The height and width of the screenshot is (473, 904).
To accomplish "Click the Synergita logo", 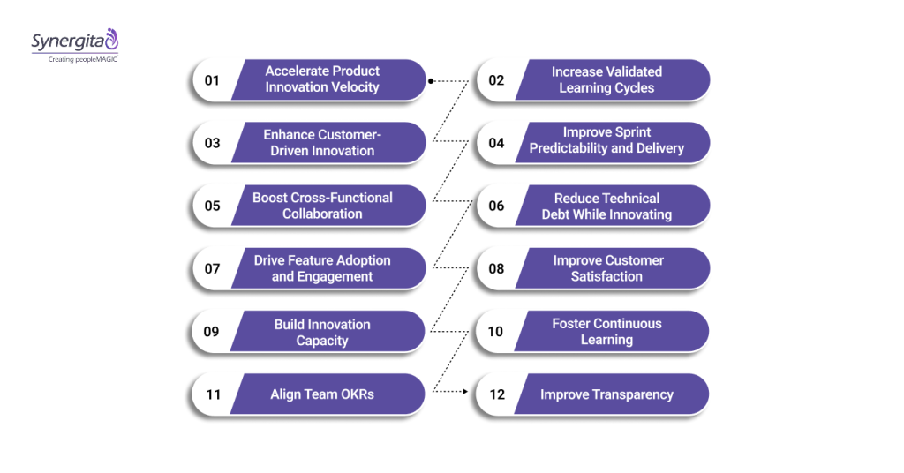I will [x=74, y=41].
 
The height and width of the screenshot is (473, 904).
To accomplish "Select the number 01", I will [x=212, y=80].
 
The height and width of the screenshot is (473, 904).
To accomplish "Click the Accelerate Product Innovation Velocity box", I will [x=322, y=79].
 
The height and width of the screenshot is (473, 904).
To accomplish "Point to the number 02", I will [x=496, y=80].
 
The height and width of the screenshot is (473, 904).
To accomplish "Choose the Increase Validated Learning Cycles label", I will [x=606, y=79].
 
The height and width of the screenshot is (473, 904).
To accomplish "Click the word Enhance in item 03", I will [x=289, y=135].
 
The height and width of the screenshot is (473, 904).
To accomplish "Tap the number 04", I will [x=496, y=143].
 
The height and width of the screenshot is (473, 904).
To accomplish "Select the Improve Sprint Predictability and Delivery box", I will [x=606, y=141].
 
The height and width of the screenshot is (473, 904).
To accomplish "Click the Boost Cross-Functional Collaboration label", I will [x=322, y=206].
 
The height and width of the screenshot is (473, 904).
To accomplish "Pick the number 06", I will [x=496, y=206].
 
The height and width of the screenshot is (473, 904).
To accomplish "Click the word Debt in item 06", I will [x=558, y=214].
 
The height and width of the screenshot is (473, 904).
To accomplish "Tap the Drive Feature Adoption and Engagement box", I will [x=322, y=268].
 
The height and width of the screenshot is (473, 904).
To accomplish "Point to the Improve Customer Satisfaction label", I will [x=607, y=268].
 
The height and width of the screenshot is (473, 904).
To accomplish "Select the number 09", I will [x=212, y=332].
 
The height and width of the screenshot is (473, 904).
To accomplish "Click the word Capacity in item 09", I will [x=322, y=341].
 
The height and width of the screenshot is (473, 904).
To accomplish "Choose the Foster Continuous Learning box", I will [x=606, y=332].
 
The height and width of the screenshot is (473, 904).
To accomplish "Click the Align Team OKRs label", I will [x=322, y=394].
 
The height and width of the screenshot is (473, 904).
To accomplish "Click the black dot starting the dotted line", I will [x=431, y=80].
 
